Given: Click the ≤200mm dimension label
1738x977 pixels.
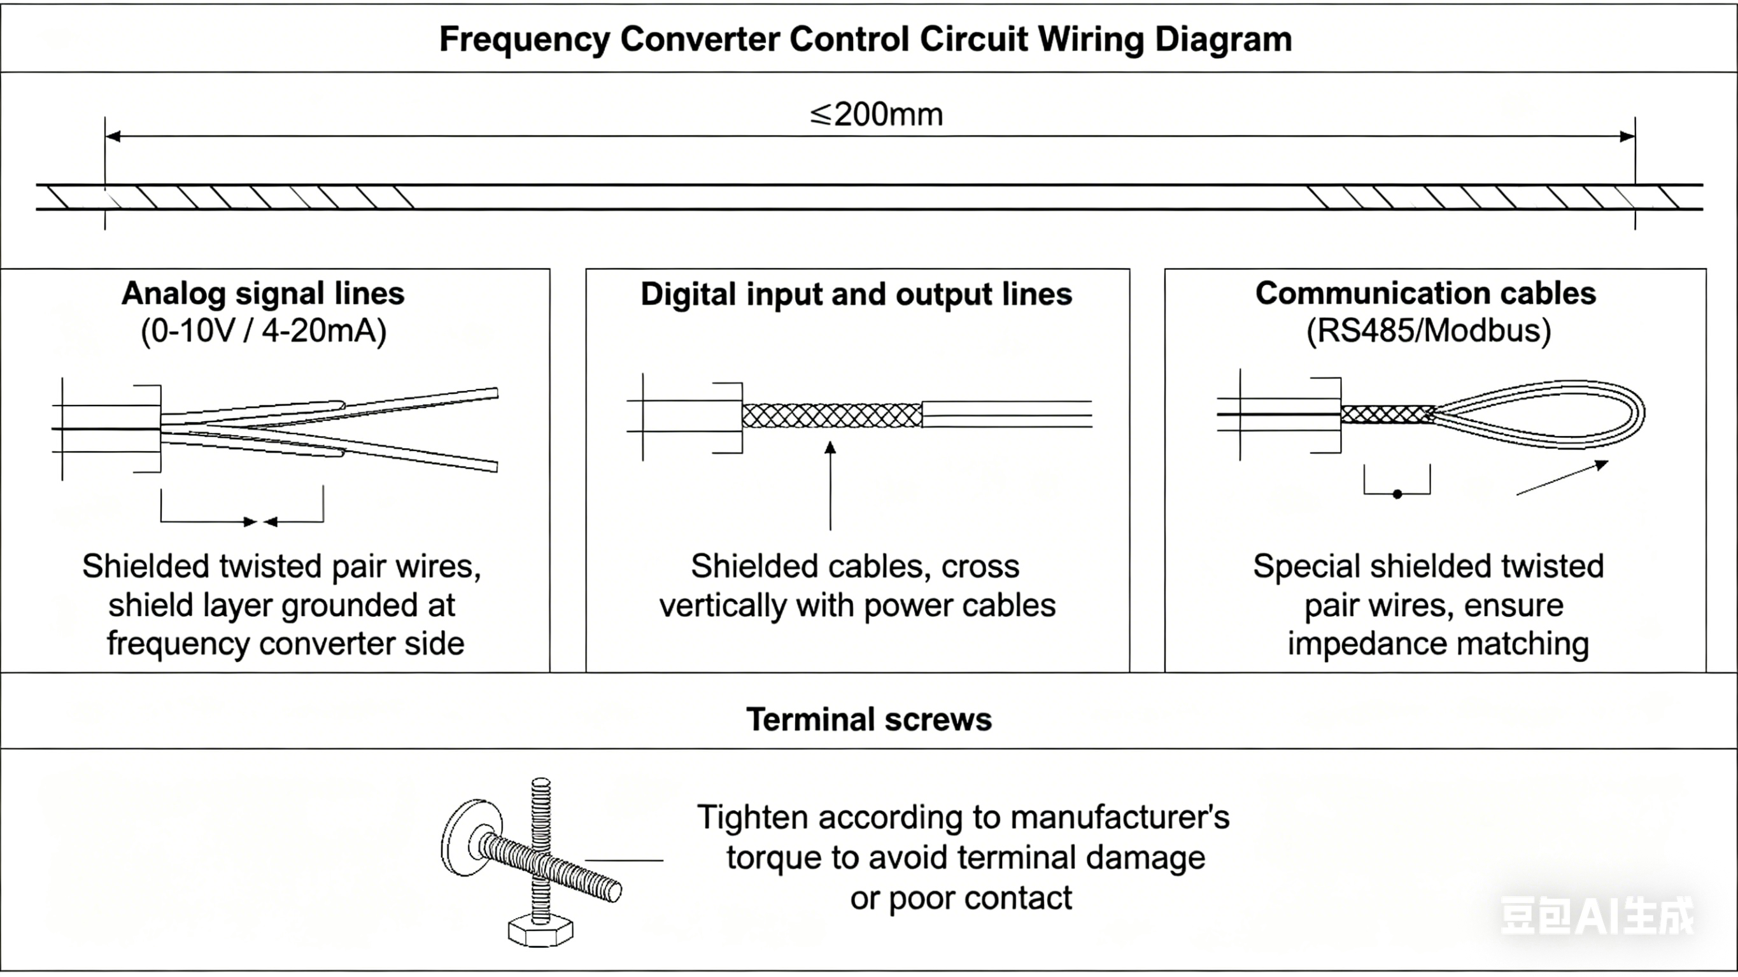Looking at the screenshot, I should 876,115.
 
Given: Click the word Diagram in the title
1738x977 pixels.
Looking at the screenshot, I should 1223,39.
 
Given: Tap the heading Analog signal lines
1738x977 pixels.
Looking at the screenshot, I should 263,293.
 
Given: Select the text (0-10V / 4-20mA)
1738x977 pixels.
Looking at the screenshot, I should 263,330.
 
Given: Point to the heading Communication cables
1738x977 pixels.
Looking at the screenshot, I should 1425,293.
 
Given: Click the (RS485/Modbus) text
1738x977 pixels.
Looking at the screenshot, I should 1429,330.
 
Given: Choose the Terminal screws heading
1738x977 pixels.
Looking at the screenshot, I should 868,719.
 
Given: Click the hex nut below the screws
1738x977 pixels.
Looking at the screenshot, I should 540,931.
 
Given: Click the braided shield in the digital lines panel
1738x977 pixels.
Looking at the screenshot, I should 831,415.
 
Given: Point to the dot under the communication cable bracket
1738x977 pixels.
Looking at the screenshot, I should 1397,494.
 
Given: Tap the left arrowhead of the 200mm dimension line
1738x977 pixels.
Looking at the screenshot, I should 113,137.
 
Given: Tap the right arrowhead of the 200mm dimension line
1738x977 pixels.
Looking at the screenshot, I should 1627,137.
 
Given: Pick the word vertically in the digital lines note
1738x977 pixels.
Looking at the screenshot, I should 723,605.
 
